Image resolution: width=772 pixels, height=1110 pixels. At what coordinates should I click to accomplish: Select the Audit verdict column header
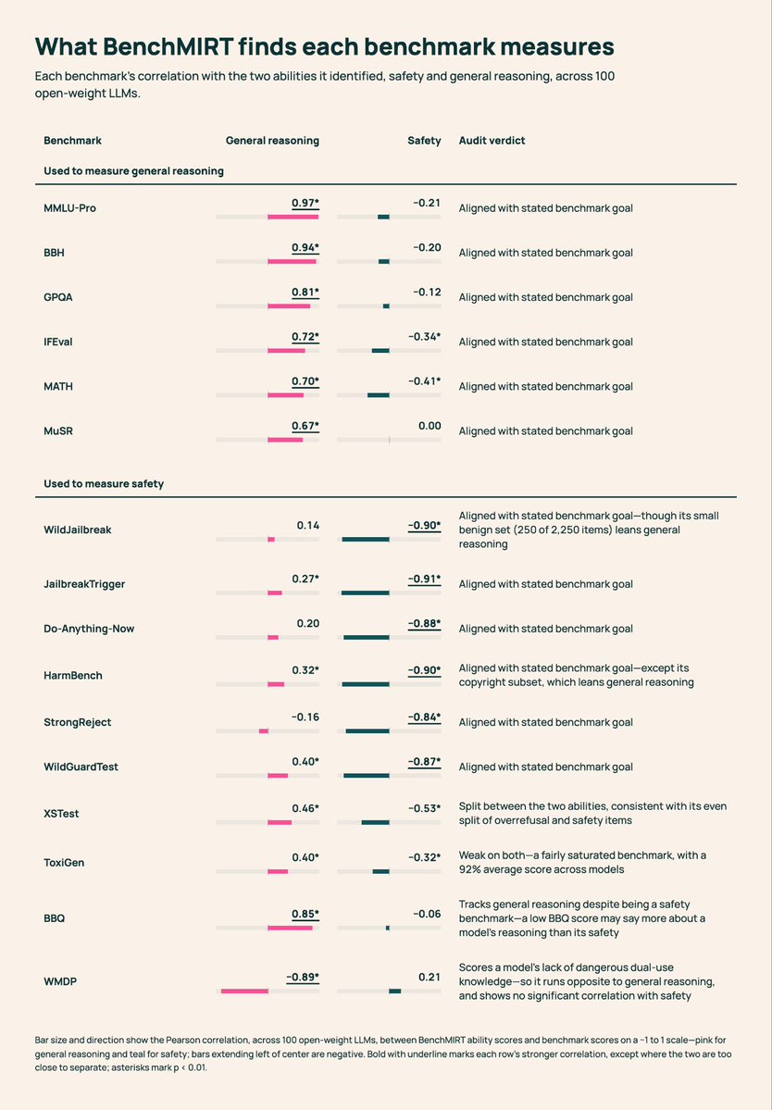pos(492,140)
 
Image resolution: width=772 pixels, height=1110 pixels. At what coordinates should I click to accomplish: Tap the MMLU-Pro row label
pos(69,208)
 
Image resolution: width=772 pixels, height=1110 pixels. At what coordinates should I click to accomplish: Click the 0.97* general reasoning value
pos(305,203)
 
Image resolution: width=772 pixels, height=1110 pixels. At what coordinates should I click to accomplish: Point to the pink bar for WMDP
pos(244,992)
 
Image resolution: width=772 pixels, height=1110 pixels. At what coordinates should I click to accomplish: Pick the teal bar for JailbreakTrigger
pos(365,592)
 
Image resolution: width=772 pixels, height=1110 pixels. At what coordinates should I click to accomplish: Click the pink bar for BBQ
pos(290,928)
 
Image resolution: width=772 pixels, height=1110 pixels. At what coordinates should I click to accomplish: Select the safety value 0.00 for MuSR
pos(430,426)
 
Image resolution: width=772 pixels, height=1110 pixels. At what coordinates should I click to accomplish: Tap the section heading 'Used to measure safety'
pos(104,483)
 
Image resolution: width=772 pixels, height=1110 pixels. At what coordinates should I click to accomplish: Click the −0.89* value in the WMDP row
pos(303,977)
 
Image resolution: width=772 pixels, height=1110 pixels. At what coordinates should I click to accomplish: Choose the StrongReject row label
pos(78,722)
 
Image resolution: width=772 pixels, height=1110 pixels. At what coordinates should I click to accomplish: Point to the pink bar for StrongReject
pos(263,730)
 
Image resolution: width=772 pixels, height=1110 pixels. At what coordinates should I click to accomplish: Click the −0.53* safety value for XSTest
pos(425,807)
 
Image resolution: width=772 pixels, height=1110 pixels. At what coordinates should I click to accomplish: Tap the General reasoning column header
pos(272,140)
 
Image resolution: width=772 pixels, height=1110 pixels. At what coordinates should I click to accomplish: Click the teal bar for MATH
pos(378,395)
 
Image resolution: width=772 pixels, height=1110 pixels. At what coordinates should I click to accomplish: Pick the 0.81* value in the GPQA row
pos(305,292)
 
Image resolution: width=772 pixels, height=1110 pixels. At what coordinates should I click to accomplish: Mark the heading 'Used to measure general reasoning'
pos(133,170)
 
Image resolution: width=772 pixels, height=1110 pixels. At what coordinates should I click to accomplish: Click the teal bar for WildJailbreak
pos(365,540)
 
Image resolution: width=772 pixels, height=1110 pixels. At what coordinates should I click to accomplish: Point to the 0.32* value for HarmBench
pos(305,669)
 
